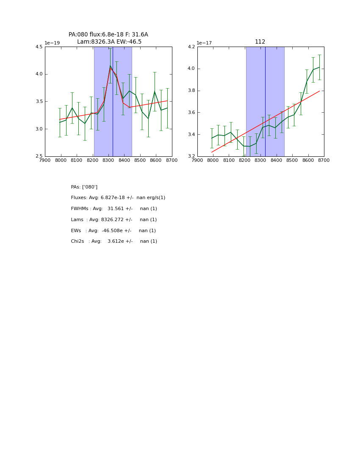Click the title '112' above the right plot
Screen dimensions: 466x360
[260, 42]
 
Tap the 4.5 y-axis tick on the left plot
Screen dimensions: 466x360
[39, 47]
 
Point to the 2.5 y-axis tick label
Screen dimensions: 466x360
[39, 156]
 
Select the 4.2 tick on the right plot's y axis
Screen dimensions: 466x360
[191, 47]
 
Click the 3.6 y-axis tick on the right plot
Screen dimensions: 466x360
[191, 113]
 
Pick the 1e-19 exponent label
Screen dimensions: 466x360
[52, 43]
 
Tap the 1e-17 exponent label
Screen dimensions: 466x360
[204, 43]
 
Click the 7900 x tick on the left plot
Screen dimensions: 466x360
[45, 160]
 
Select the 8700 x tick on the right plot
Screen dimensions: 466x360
[324, 160]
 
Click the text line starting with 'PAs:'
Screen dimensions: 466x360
[84, 187]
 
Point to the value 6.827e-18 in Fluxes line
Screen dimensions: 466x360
[115, 198]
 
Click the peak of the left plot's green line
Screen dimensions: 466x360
[110, 66]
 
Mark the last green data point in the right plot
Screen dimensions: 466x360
[319, 67]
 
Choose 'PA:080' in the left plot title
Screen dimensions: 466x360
[78, 35]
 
